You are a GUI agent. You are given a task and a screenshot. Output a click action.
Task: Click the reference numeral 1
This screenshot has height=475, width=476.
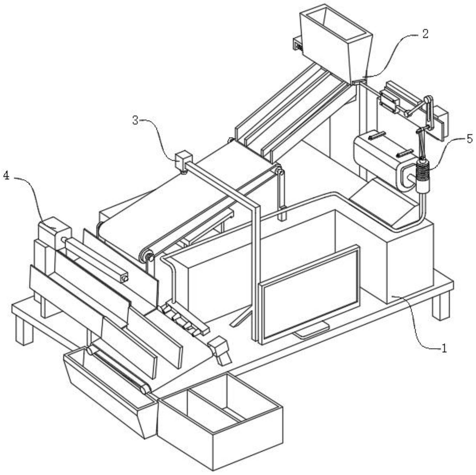[x=444, y=348]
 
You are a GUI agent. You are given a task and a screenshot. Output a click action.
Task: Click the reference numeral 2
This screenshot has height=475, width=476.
[x=425, y=34]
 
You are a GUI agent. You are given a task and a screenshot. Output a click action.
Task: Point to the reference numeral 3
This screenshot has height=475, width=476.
[x=135, y=120]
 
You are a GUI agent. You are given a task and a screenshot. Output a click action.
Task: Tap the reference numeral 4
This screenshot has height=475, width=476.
[x=6, y=176]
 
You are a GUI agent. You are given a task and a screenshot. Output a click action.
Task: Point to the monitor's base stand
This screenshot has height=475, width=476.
[x=312, y=333]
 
